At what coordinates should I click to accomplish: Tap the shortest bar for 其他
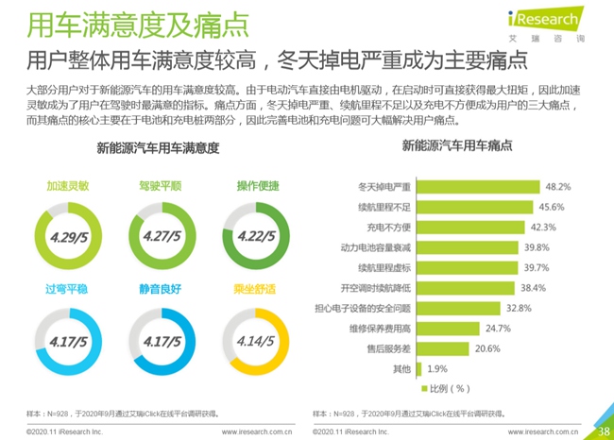click(x=418, y=368)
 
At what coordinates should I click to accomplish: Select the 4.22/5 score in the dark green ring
click(x=256, y=233)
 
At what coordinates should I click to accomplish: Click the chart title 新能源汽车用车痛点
click(x=457, y=146)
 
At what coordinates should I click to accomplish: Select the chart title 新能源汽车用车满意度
click(x=158, y=148)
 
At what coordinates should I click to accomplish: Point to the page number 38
click(x=603, y=432)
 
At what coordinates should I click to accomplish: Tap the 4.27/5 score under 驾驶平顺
click(x=161, y=233)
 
